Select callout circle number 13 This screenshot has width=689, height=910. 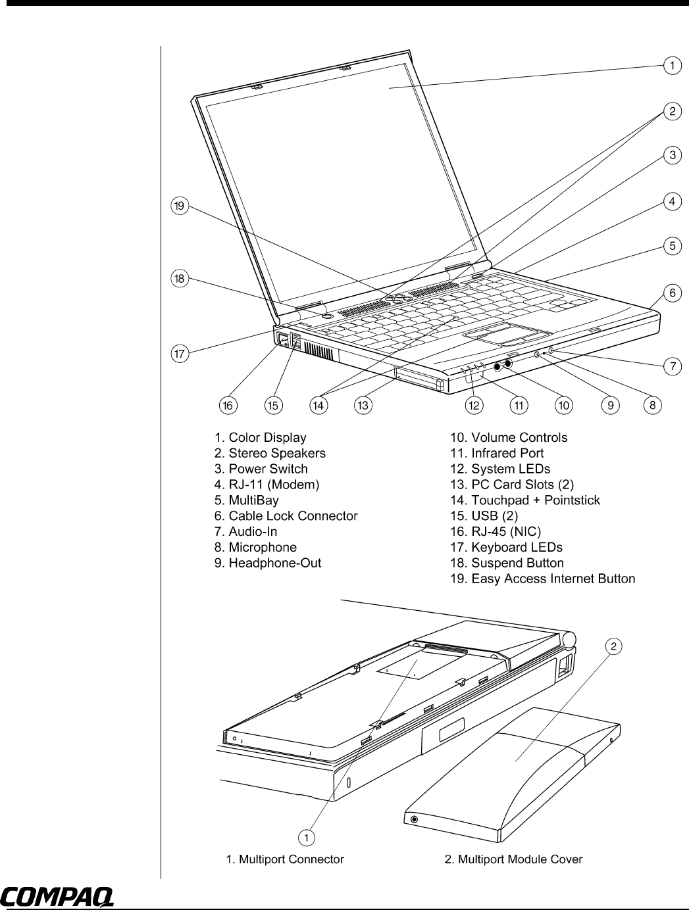[x=363, y=406]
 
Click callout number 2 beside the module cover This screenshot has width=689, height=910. [x=613, y=646]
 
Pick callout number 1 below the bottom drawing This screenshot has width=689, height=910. [x=306, y=836]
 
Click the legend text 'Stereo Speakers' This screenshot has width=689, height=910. [x=270, y=453]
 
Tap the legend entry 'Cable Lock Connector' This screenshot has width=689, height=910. [x=286, y=516]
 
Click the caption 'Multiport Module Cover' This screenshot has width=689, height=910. [x=513, y=859]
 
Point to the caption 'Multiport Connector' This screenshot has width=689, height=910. [x=284, y=859]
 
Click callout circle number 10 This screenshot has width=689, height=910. [x=564, y=406]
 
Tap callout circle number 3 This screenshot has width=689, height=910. [x=672, y=155]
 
